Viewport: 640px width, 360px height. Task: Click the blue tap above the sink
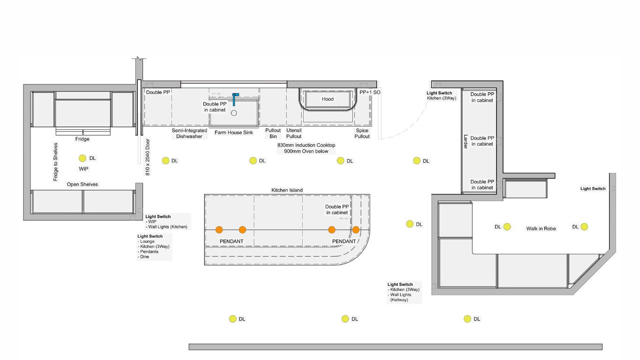pos(234,99)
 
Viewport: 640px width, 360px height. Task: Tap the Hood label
pos(327,99)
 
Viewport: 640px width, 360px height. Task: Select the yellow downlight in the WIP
pos(82,158)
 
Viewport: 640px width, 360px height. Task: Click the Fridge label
pos(82,139)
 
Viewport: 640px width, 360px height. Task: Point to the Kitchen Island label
pos(287,190)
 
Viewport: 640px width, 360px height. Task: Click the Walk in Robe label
pos(541,228)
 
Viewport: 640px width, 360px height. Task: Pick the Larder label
pos(465,142)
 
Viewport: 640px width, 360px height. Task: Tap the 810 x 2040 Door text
pos(148,157)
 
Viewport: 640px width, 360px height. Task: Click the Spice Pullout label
pos(362,133)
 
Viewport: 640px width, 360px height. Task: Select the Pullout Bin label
pos(273,133)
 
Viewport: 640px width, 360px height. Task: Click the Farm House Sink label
pos(234,132)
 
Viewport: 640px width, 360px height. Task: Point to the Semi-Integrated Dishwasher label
pos(189,133)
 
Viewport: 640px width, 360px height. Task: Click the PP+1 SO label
pos(370,92)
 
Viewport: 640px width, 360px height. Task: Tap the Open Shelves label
pos(82,184)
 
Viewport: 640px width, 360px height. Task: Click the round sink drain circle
pos(234,113)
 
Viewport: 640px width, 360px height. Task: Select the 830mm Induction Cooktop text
pos(306,145)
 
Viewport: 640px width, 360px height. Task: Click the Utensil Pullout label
pos(294,133)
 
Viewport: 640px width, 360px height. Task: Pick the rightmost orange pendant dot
pos(356,230)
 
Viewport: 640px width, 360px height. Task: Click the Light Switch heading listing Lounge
pos(150,236)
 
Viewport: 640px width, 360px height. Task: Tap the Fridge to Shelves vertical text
pos(55,162)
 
